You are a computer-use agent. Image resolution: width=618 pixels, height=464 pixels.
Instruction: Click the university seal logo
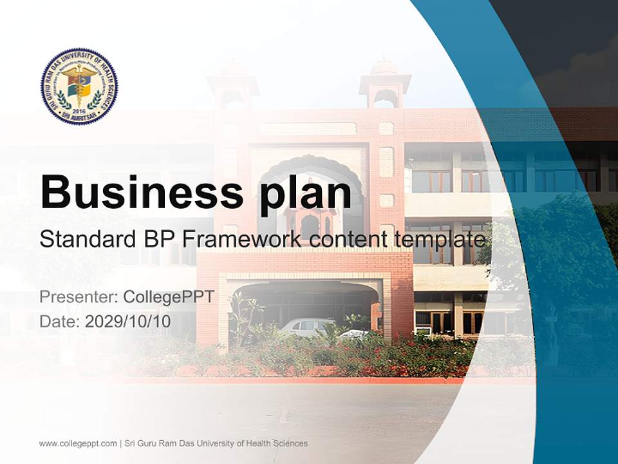click(x=79, y=86)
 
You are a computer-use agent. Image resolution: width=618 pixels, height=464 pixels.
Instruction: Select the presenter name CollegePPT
click(x=168, y=297)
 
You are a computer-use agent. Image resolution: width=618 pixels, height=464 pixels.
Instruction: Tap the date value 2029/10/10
click(x=128, y=322)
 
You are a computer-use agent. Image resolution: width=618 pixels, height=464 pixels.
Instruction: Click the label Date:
click(x=60, y=322)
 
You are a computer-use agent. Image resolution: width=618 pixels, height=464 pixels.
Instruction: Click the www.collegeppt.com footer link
click(x=78, y=443)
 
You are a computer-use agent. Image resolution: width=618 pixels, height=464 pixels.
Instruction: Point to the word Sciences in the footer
click(x=289, y=443)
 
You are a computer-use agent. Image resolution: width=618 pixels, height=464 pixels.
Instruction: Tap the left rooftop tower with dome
click(x=232, y=87)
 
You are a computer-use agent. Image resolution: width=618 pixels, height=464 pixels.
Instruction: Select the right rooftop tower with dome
click(x=385, y=84)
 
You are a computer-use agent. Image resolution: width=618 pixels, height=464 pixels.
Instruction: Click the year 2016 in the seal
click(x=79, y=110)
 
